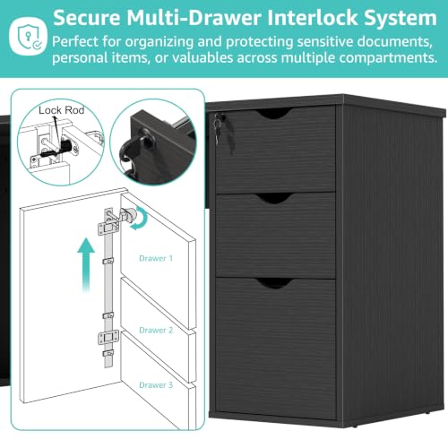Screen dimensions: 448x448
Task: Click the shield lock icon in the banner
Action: (28, 36)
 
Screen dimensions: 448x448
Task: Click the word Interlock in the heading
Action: (312, 18)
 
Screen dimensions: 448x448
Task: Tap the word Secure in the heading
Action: (87, 18)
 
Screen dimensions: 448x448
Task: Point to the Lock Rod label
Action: (62, 110)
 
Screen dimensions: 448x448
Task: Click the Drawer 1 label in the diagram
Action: (156, 258)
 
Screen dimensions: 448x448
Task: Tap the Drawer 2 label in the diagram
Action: (156, 330)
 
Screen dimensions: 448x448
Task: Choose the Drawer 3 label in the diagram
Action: (156, 385)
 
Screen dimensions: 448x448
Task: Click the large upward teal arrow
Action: (86, 264)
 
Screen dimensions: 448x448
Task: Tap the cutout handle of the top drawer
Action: (274, 114)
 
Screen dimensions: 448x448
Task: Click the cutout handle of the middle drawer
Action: (274, 199)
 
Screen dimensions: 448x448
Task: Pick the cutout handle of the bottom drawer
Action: (274, 283)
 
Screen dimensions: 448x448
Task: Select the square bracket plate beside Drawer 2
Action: (108, 338)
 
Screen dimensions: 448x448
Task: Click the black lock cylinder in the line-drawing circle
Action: (65, 146)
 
